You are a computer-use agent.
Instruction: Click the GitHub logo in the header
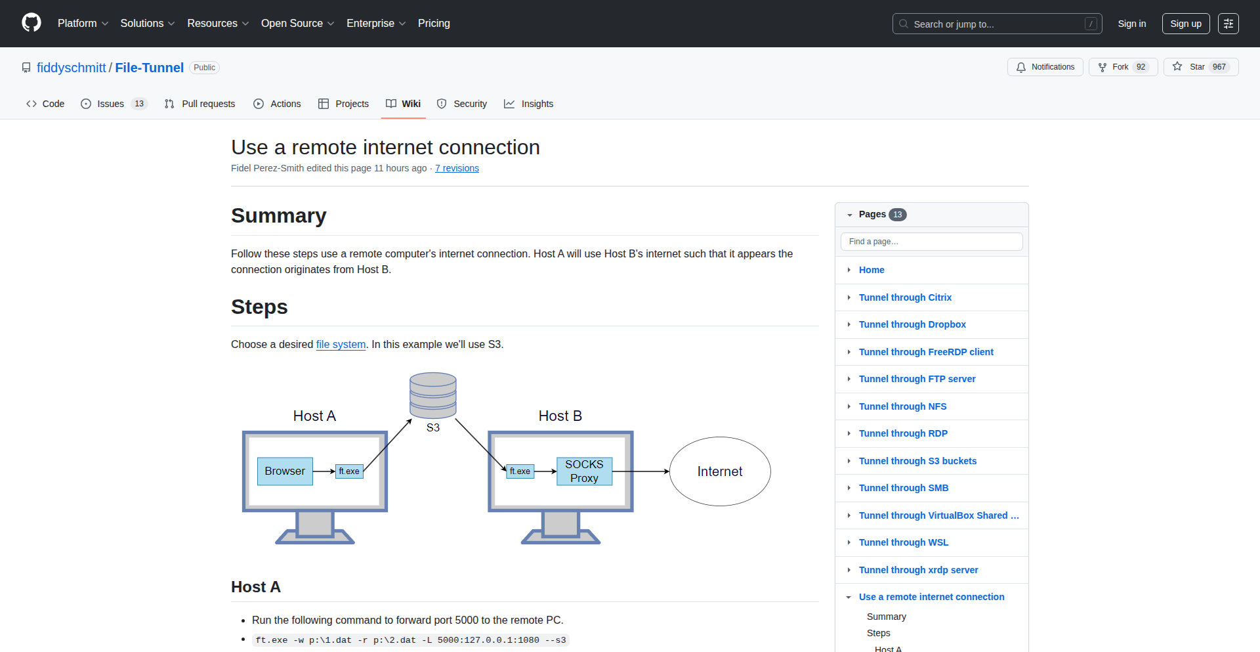(x=31, y=23)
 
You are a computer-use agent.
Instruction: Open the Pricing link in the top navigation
(x=434, y=24)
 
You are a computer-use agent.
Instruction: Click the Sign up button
(x=1185, y=24)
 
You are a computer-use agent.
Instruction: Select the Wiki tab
(x=404, y=104)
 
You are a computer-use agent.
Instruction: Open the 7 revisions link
(x=457, y=168)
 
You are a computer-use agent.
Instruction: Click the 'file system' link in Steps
(x=341, y=344)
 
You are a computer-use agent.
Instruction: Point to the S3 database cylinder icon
(x=433, y=395)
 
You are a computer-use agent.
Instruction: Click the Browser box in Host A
(x=285, y=471)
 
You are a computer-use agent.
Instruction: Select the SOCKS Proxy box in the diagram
(x=584, y=471)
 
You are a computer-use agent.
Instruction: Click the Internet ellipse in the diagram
(x=720, y=471)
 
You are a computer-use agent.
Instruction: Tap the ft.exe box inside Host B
(x=520, y=471)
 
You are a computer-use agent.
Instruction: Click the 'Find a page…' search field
(x=931, y=242)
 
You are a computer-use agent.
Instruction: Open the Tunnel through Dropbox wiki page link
(x=912, y=324)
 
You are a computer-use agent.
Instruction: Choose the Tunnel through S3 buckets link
(x=917, y=461)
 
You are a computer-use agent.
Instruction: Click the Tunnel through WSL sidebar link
(x=904, y=542)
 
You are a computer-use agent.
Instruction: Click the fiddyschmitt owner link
(x=71, y=68)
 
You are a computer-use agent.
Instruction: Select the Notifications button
(x=1045, y=67)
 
